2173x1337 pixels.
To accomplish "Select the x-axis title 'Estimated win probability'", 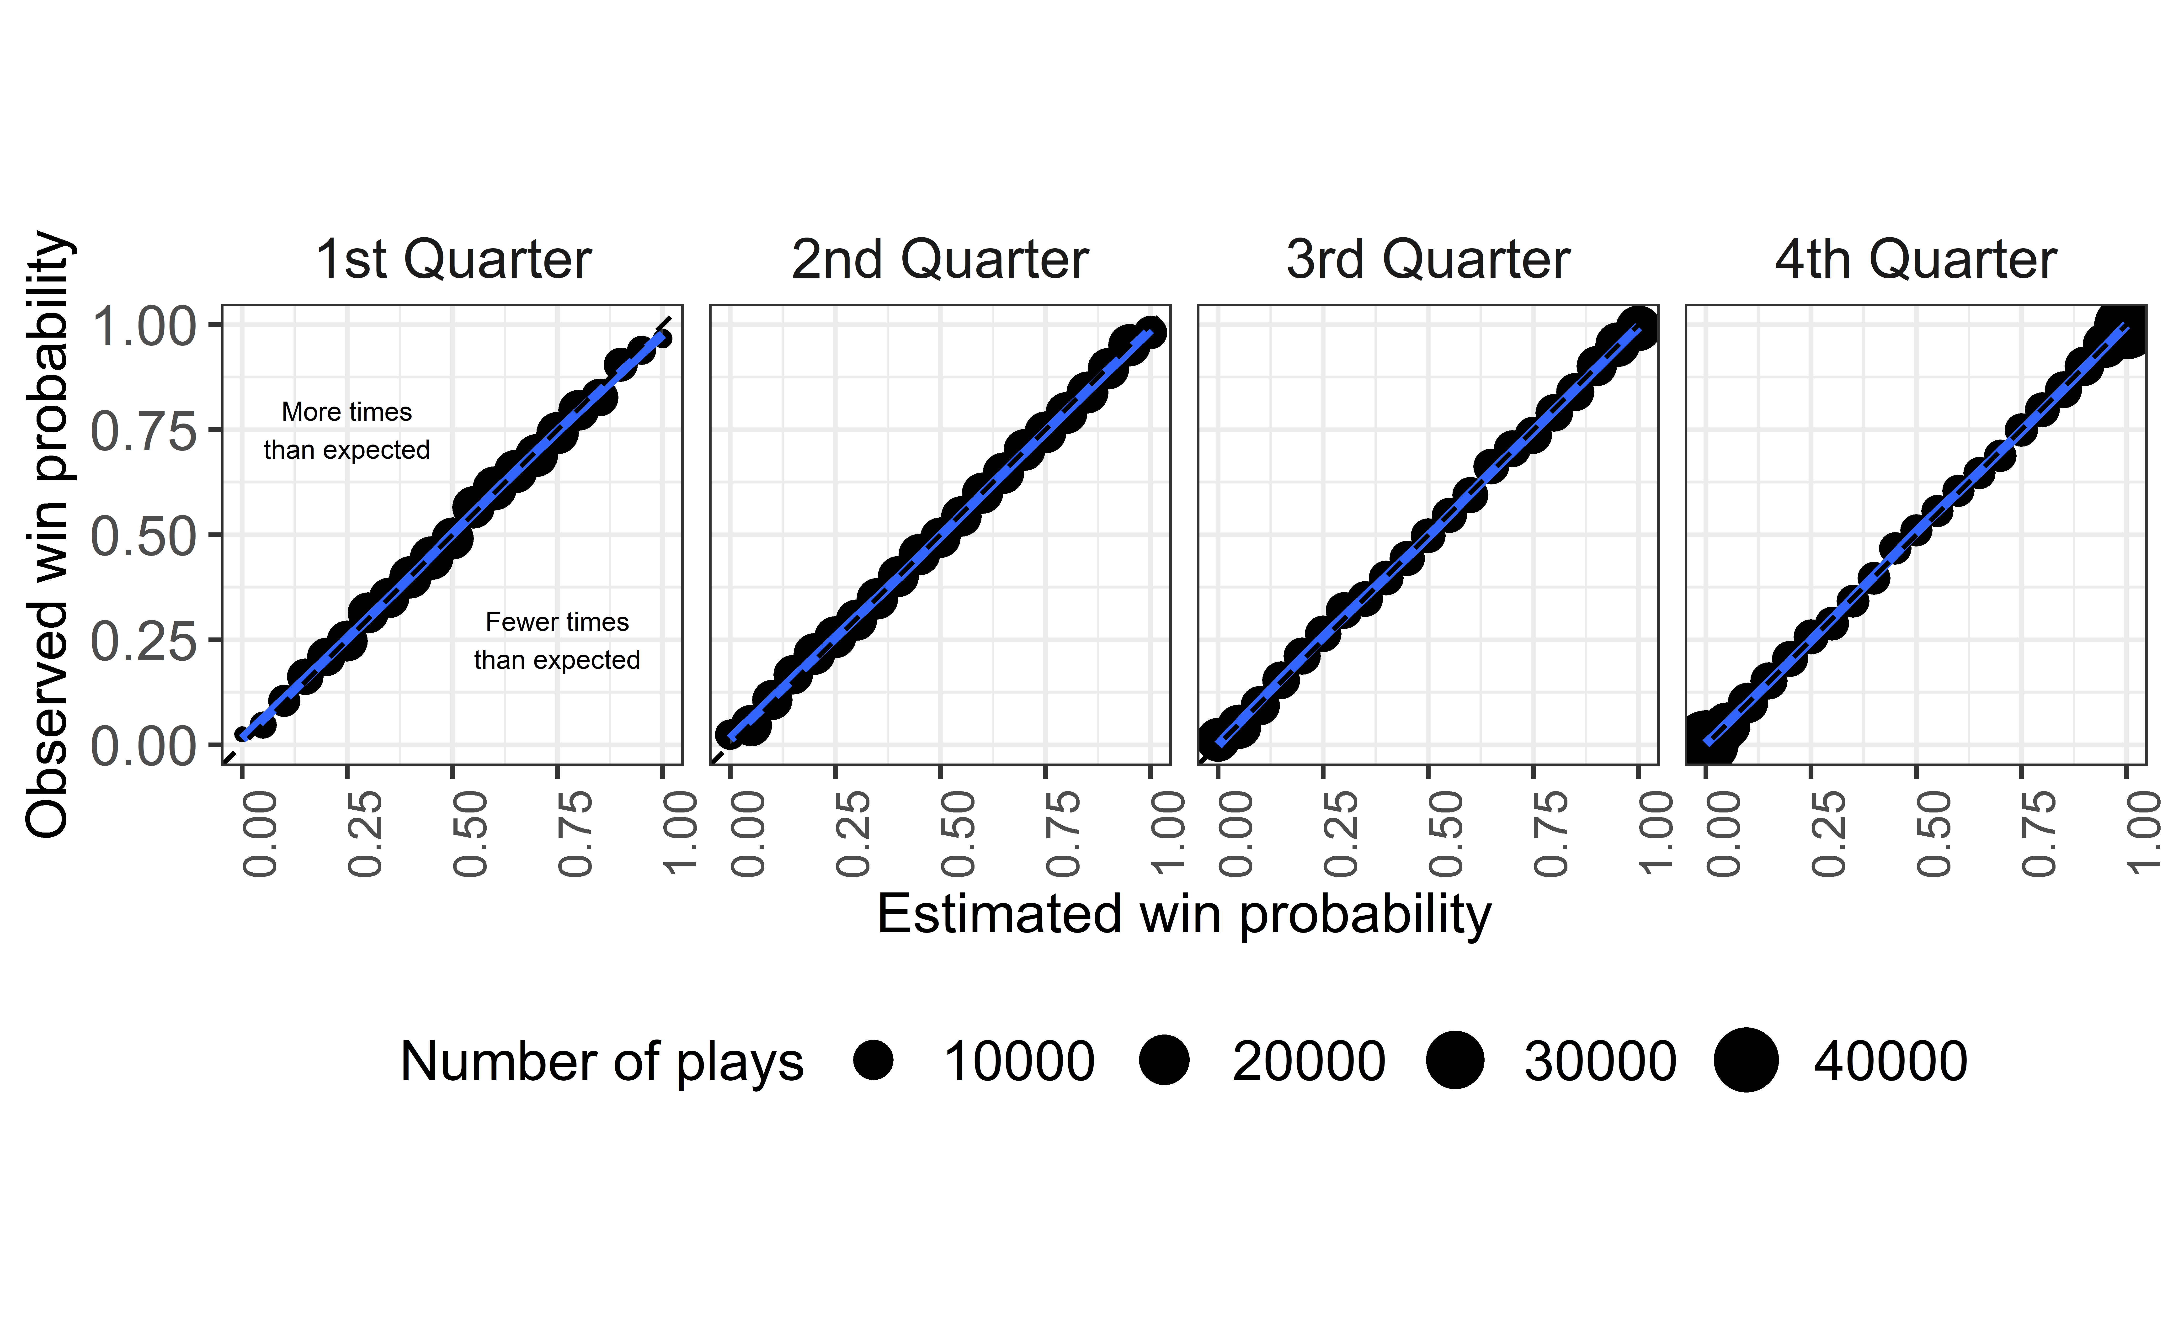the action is coord(1184,915).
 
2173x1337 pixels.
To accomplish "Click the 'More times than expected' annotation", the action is coord(347,431).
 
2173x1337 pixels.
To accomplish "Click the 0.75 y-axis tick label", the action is coord(144,431).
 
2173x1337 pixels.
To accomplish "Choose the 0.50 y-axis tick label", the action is coord(144,536).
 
